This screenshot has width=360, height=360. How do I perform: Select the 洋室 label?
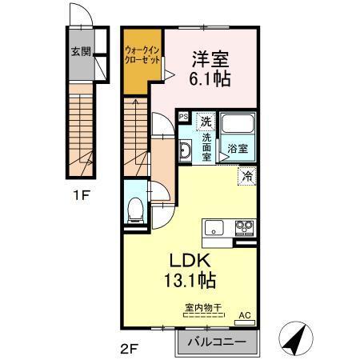209,58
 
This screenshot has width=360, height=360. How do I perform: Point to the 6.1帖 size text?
209,80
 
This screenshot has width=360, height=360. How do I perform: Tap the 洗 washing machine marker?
206,122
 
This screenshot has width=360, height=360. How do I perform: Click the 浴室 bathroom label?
238,149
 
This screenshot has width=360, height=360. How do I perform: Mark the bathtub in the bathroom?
238,126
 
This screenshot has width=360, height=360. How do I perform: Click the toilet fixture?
136,210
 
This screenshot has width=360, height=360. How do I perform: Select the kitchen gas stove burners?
242,229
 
